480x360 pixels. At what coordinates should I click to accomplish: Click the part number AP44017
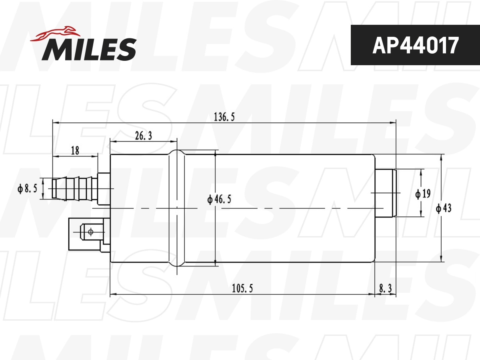pyautogui.click(x=415, y=45)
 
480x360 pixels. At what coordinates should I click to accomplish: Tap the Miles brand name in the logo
pyautogui.click(x=89, y=49)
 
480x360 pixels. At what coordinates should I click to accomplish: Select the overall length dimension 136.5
pyautogui.click(x=224, y=117)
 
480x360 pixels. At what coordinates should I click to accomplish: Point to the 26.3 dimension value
pyautogui.click(x=143, y=136)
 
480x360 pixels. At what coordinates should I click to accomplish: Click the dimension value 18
pyautogui.click(x=75, y=151)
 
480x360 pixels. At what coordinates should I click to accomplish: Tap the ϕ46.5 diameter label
pyautogui.click(x=219, y=199)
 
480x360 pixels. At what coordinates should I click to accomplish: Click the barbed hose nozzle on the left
pyautogui.click(x=74, y=188)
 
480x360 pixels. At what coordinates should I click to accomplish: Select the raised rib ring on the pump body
pyautogui.click(x=177, y=208)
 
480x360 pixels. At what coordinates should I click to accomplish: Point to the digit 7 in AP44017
pyautogui.click(x=452, y=45)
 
